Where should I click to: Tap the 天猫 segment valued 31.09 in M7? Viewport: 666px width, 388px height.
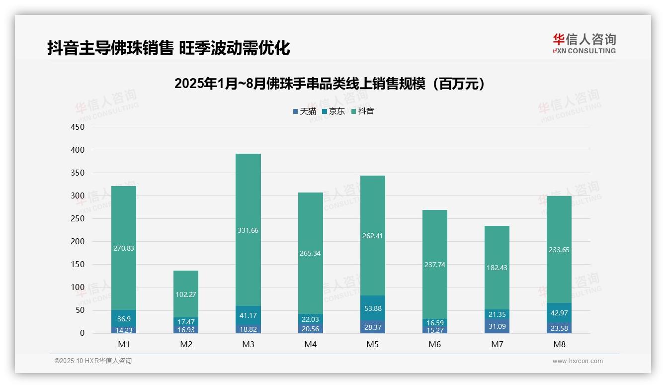click(497, 326)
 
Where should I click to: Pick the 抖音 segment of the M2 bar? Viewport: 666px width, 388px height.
click(186, 294)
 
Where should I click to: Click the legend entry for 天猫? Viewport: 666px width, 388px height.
click(304, 111)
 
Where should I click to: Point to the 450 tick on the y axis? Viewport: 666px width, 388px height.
click(78, 127)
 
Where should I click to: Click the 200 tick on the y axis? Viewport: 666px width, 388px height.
click(78, 241)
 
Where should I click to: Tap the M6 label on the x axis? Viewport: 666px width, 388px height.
click(435, 344)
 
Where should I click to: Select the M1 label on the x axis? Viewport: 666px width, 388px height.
click(124, 344)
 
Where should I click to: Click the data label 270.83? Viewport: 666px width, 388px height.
click(124, 248)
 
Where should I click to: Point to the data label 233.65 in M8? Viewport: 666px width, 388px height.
click(559, 250)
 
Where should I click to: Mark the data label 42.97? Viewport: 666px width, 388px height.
click(559, 313)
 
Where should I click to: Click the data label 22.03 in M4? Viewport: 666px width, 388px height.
click(310, 319)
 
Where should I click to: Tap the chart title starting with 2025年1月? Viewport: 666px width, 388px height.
click(330, 84)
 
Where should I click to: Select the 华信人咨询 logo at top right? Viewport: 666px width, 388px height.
click(584, 44)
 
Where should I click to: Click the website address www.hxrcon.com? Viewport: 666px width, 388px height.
click(578, 361)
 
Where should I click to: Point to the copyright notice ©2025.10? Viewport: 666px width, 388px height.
click(93, 361)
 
